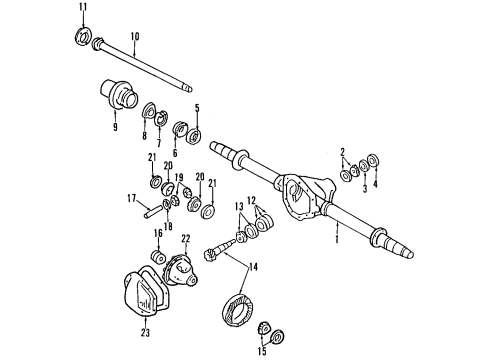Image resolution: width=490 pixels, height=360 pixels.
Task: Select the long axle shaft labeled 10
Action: (x=150, y=62)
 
